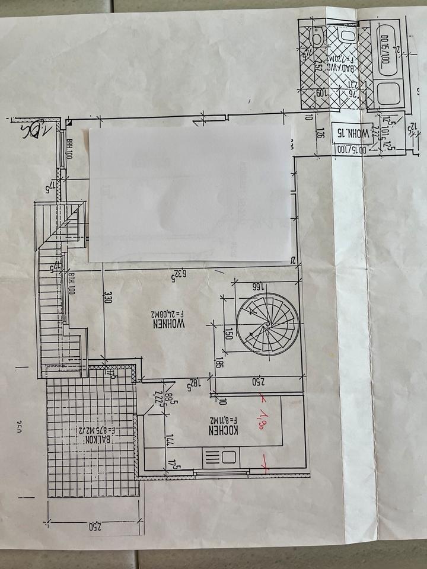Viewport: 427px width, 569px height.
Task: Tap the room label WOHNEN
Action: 169,324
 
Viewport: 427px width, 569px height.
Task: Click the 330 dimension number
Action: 107,297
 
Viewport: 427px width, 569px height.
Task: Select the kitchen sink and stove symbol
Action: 220,457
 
